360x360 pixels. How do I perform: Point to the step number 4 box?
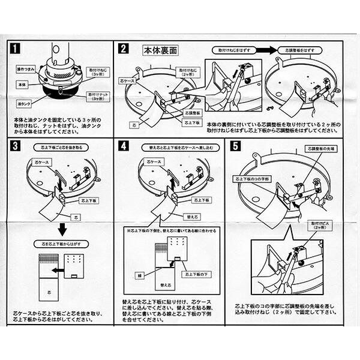click(124, 145)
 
